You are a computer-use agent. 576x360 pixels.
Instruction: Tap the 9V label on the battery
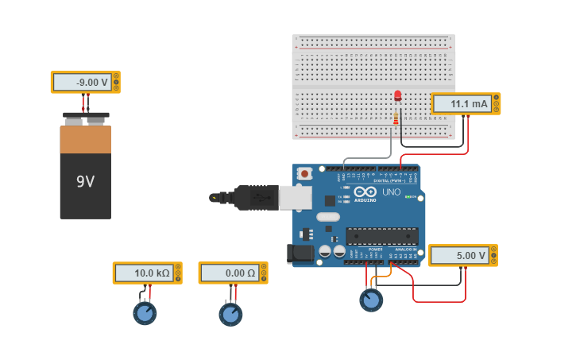point(85,182)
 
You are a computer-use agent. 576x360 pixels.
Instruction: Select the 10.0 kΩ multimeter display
point(144,273)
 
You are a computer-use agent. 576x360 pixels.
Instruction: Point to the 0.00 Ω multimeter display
point(230,273)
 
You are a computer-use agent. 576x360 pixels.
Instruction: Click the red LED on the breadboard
point(397,96)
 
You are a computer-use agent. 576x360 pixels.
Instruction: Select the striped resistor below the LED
point(396,118)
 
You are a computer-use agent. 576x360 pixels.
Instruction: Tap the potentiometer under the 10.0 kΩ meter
point(145,313)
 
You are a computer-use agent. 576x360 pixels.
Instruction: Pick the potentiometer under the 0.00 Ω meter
point(230,315)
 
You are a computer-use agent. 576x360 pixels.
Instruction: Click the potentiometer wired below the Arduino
point(370,300)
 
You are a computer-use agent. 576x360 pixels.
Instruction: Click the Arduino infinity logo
point(365,192)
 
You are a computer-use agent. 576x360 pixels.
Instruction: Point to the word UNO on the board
point(392,192)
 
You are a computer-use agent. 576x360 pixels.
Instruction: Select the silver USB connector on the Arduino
point(295,198)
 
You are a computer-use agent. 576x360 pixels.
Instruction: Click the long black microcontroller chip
point(381,236)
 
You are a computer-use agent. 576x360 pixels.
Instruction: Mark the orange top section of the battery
point(85,140)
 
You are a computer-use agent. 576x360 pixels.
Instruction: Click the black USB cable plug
point(254,198)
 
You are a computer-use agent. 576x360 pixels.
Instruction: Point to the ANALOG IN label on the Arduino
point(404,250)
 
